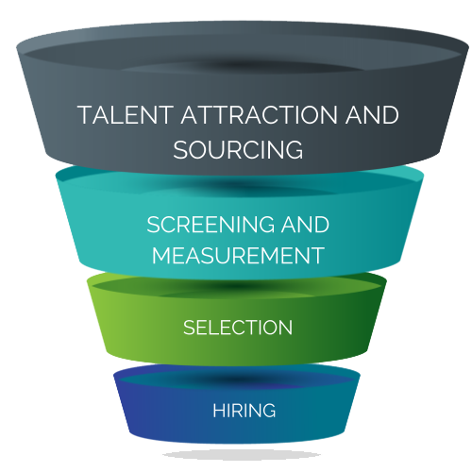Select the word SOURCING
pyautogui.click(x=238, y=149)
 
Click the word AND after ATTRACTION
pyautogui.click(x=372, y=115)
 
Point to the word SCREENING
pyautogui.click(x=211, y=225)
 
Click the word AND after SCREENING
pyautogui.click(x=305, y=225)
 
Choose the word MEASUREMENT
pyautogui.click(x=238, y=255)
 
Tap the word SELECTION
pyautogui.click(x=238, y=328)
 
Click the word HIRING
pyautogui.click(x=244, y=411)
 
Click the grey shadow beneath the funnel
pyautogui.click(x=242, y=455)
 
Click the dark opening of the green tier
pyautogui.click(x=238, y=287)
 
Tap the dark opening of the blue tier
pyautogui.click(x=237, y=379)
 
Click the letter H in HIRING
pyautogui.click(x=219, y=411)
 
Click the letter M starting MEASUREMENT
pyautogui.click(x=161, y=255)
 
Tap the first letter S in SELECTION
pyautogui.click(x=190, y=328)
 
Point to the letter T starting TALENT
pyautogui.click(x=86, y=115)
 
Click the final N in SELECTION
pyautogui.click(x=286, y=328)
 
